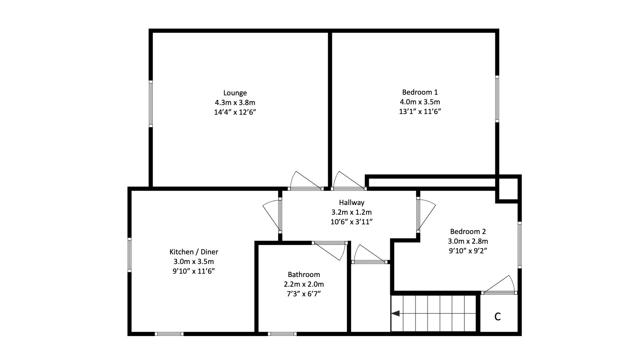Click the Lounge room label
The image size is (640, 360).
[x=235, y=93]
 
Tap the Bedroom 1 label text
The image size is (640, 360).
[x=420, y=92]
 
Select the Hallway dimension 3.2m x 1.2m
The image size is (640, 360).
[x=351, y=212]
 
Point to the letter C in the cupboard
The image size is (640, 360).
[x=497, y=316]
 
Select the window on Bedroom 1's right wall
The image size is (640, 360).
[x=497, y=99]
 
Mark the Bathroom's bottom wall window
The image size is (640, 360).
[x=282, y=333]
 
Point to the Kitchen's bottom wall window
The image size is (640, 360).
[x=169, y=333]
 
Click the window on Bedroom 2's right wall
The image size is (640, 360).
[x=519, y=245]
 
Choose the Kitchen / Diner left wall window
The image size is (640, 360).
[x=130, y=255]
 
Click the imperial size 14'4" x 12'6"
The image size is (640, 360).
[x=235, y=112]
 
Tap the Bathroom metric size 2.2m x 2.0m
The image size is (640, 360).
[x=304, y=284]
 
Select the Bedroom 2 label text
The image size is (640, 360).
[x=468, y=232]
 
